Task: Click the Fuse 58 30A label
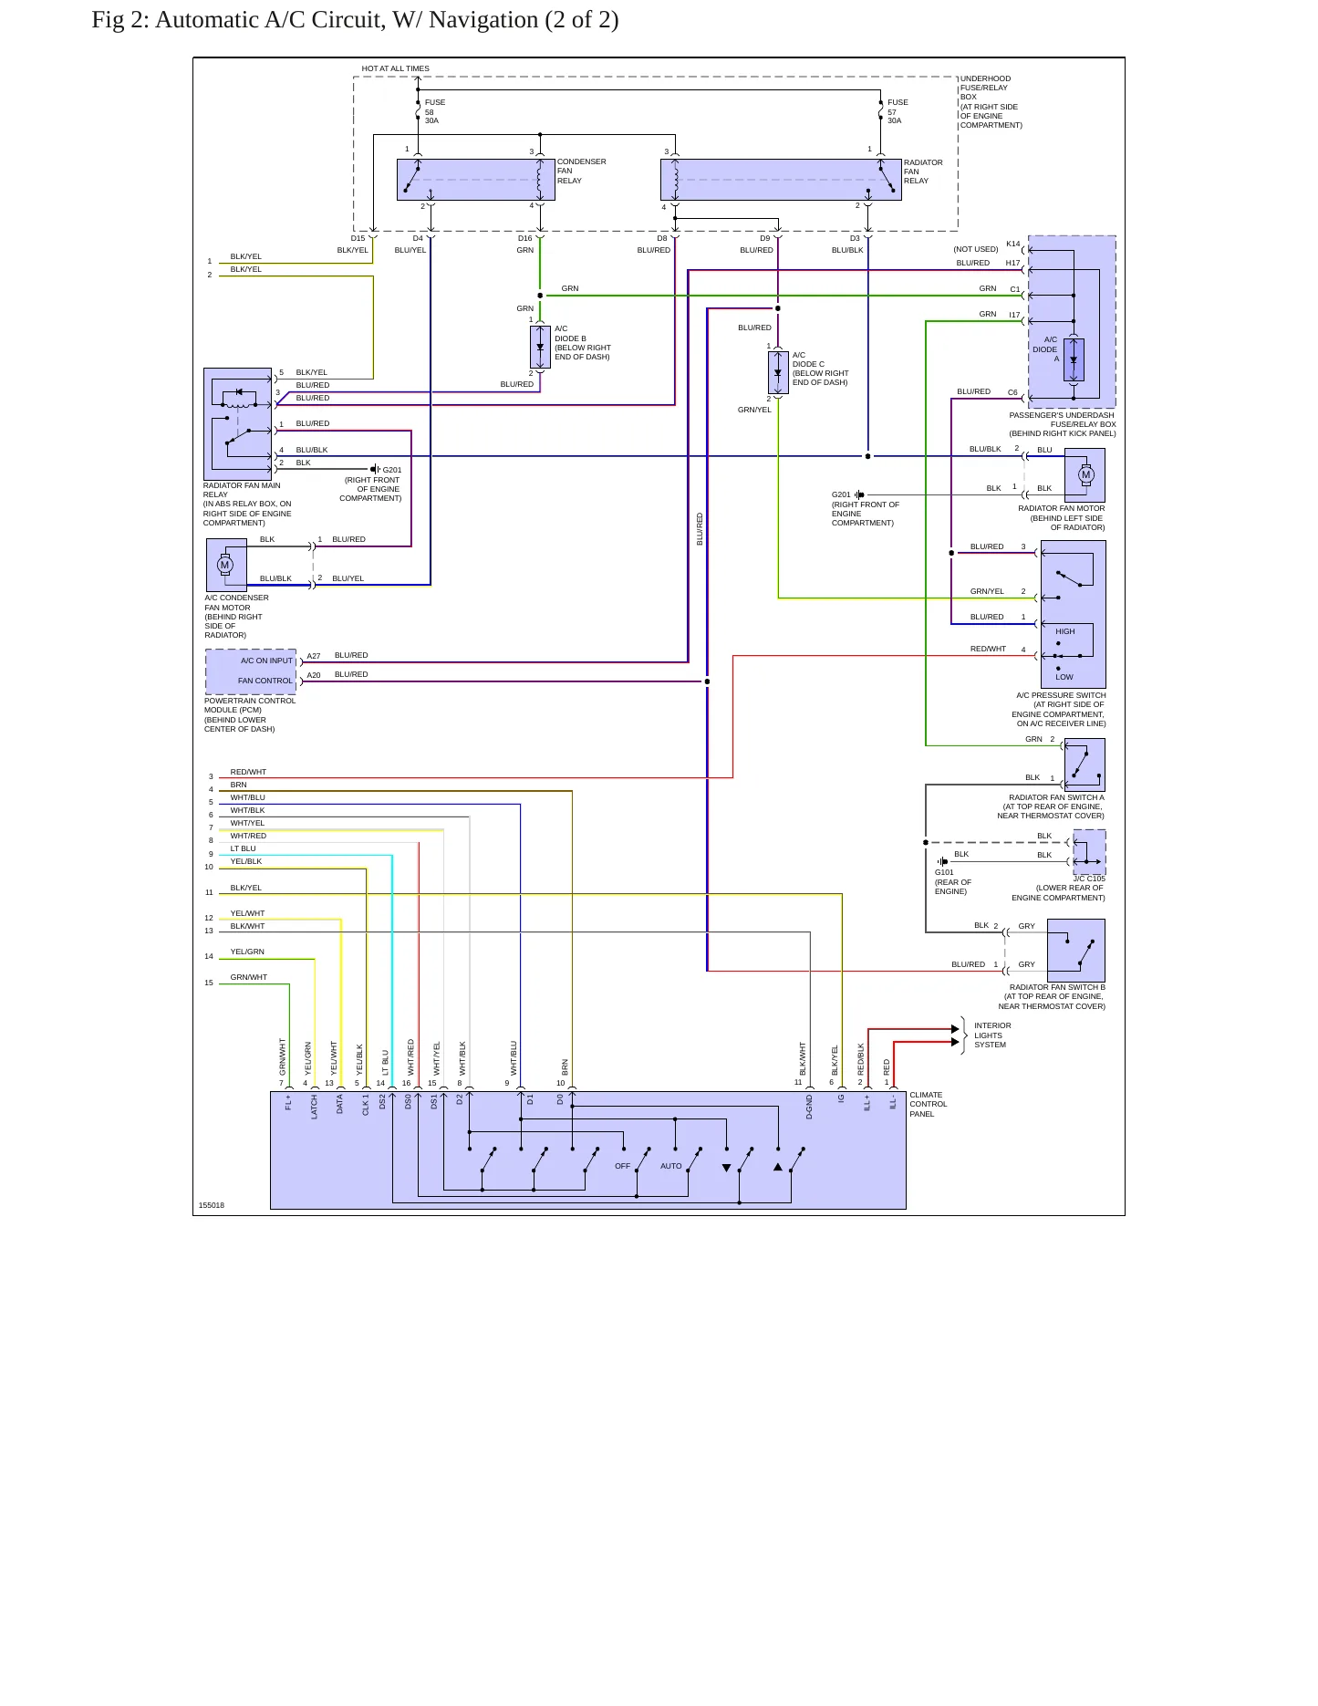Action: (435, 111)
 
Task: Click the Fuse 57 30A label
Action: (898, 111)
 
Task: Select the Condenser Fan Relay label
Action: (581, 171)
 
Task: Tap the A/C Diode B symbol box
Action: (540, 348)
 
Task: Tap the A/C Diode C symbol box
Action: (778, 373)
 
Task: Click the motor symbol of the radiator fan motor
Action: (1085, 474)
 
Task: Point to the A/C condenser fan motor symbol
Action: (225, 565)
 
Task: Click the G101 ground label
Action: (944, 872)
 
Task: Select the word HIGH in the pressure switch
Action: (1065, 631)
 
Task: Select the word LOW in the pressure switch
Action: (1064, 677)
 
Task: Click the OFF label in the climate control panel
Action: (622, 1166)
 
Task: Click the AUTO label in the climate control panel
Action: (671, 1166)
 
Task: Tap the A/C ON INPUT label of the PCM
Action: (266, 661)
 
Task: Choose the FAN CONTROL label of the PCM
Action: (265, 681)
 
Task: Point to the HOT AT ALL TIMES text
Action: (395, 68)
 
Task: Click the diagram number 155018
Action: (212, 1205)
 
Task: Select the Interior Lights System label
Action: (992, 1035)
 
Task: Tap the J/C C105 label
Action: (1088, 879)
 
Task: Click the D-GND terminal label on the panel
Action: (809, 1107)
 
